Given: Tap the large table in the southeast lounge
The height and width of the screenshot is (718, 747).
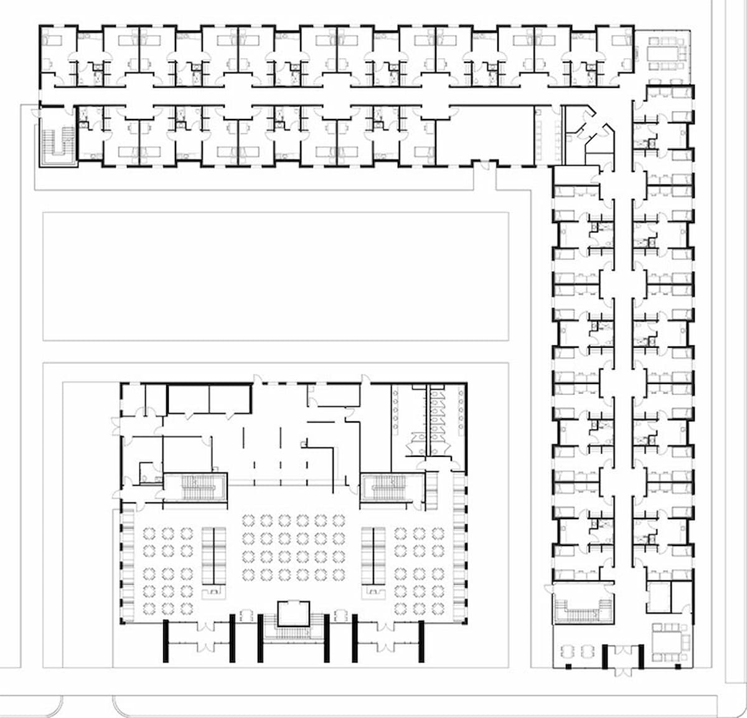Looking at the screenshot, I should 667,638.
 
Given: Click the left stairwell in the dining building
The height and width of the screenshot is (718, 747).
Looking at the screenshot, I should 195,487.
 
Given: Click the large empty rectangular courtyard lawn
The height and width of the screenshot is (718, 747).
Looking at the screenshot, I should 275,276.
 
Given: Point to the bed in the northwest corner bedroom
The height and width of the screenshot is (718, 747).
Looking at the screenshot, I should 52,41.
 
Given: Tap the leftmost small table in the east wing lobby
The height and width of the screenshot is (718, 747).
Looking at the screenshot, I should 568,651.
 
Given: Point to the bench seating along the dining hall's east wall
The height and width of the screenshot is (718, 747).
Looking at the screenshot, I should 459,548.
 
